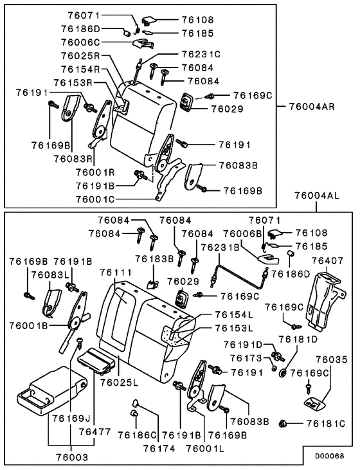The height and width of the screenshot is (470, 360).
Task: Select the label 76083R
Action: pyautogui.click(x=74, y=158)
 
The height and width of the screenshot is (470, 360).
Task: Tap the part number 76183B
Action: pyautogui.click(x=155, y=260)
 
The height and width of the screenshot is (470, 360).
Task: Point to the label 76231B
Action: pyautogui.click(x=221, y=246)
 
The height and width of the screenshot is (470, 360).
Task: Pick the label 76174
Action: pyautogui.click(x=158, y=447)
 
